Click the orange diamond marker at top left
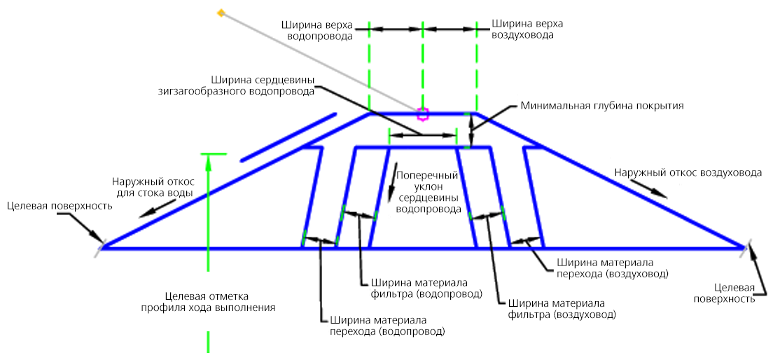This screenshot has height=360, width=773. click(x=221, y=13)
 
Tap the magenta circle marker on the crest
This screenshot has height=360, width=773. click(x=422, y=114)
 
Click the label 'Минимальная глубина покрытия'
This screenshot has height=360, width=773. click(x=602, y=106)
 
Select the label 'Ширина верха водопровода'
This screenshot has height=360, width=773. click(x=316, y=30)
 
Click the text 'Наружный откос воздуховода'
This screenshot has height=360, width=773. click(x=688, y=172)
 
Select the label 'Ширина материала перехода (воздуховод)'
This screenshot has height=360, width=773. click(x=612, y=266)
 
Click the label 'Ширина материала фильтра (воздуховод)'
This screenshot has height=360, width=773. click(x=562, y=307)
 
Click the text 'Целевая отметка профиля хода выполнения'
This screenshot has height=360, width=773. click(x=207, y=302)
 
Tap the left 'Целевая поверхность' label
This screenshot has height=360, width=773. click(x=60, y=206)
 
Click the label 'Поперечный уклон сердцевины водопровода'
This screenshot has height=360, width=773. click(x=427, y=193)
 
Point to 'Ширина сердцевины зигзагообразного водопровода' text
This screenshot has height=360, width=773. click(x=263, y=85)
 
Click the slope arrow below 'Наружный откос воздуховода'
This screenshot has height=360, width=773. click(x=650, y=189)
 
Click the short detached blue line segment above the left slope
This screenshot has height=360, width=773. click(x=288, y=137)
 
